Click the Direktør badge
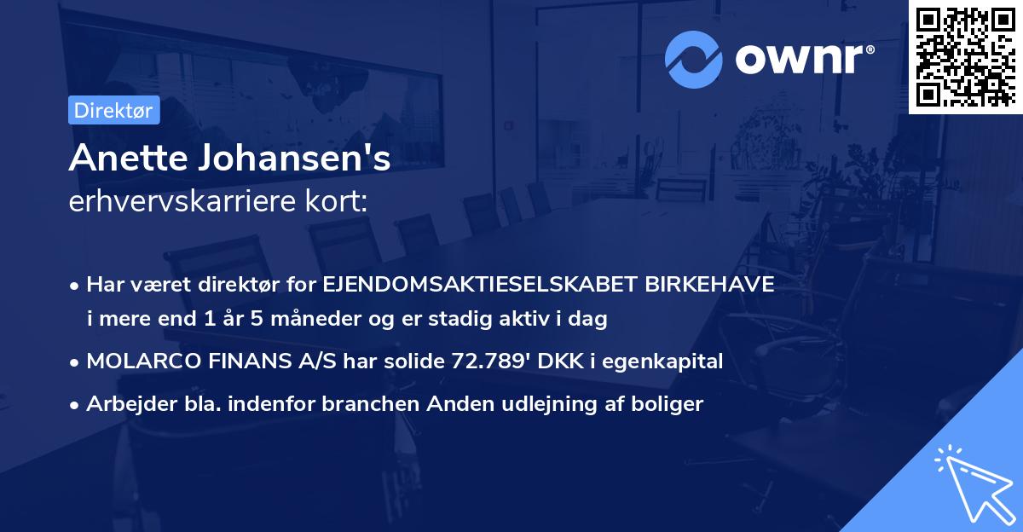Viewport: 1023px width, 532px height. (113, 110)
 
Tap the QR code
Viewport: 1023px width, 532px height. (965, 57)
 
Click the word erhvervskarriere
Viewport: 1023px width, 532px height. (188, 202)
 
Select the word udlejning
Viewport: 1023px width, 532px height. (556, 404)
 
